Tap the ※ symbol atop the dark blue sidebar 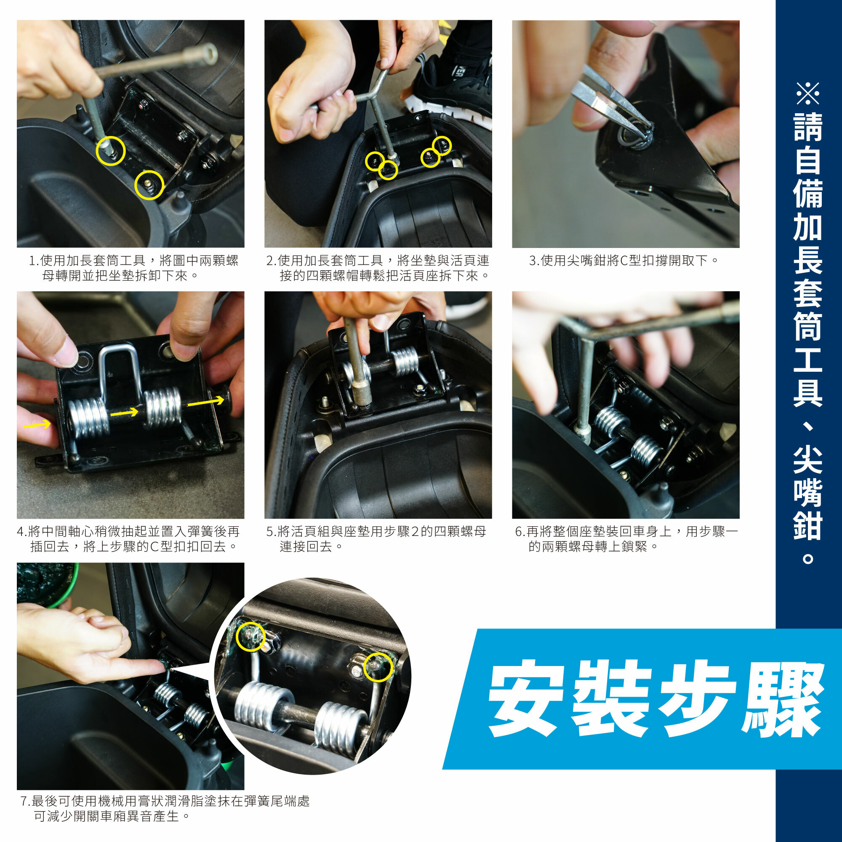pyautogui.click(x=807, y=93)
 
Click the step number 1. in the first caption pyautogui.click(x=34, y=261)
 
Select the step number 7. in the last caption pyautogui.click(x=26, y=801)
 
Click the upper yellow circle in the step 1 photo pyautogui.click(x=111, y=150)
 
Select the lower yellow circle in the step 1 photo pyautogui.click(x=149, y=185)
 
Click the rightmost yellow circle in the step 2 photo pyautogui.click(x=442, y=146)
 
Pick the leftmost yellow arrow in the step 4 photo pyautogui.click(x=37, y=424)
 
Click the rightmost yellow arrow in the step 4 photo pyautogui.click(x=206, y=401)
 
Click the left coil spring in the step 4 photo pyautogui.click(x=88, y=418)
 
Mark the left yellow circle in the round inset pyautogui.click(x=250, y=637)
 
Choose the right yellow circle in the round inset pyautogui.click(x=378, y=667)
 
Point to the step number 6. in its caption pyautogui.click(x=520, y=532)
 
